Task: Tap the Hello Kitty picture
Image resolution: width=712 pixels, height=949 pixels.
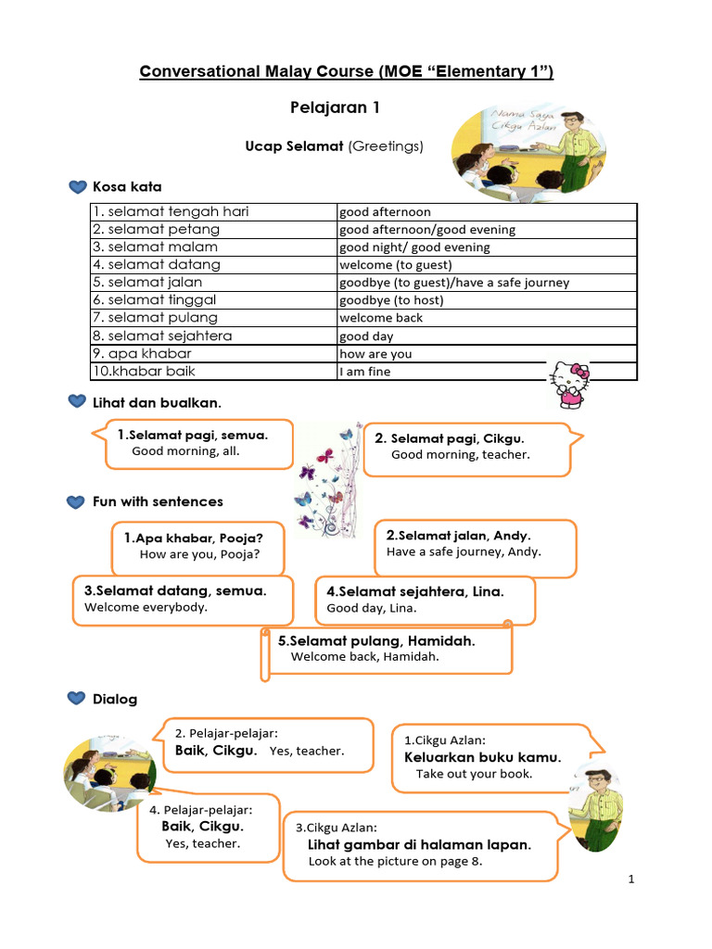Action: click(x=570, y=384)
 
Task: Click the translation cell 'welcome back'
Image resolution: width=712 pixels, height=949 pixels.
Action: click(x=380, y=318)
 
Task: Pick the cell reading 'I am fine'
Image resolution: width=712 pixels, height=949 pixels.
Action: click(x=365, y=372)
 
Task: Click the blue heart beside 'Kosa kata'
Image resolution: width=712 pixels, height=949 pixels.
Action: click(x=78, y=187)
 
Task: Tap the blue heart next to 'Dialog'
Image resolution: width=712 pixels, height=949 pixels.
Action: click(x=78, y=699)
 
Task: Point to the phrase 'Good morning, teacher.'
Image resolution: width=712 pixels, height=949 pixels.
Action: click(x=461, y=455)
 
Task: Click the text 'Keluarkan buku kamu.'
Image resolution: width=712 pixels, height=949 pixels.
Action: click(x=483, y=757)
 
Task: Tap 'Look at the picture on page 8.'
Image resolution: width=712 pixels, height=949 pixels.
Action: click(x=396, y=861)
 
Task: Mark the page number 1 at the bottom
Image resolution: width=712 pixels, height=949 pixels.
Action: click(x=630, y=879)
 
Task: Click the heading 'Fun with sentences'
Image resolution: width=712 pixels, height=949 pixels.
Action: click(x=158, y=501)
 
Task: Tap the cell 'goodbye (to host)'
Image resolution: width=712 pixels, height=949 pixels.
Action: click(x=391, y=300)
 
